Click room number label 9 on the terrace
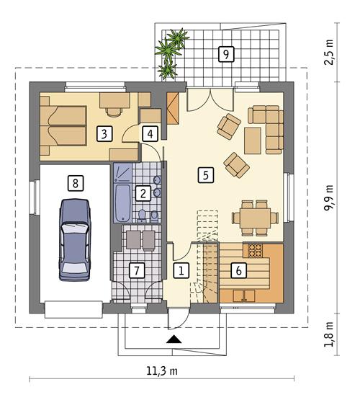[x=226, y=53]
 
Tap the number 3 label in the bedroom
[x=105, y=133]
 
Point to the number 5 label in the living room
[x=206, y=174]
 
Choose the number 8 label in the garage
[x=72, y=182]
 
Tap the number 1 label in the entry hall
[x=181, y=271]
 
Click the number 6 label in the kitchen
[x=237, y=271]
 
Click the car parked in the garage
[x=74, y=239]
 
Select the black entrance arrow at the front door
[x=174, y=339]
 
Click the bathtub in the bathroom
[x=122, y=201]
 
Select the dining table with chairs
[x=253, y=216]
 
